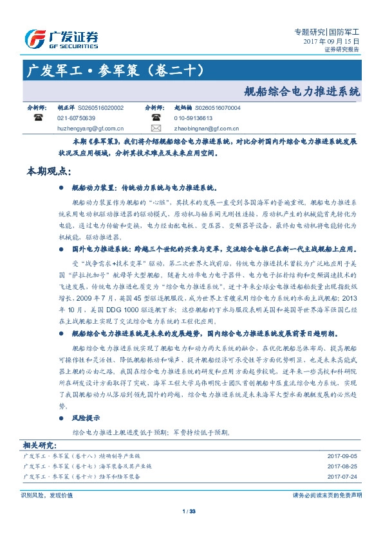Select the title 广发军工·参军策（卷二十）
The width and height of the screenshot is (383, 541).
point(107,69)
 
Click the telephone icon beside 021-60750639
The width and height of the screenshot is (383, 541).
point(38,118)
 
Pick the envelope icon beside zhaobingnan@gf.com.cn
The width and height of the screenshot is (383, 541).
point(156,128)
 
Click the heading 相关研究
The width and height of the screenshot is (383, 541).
point(40,444)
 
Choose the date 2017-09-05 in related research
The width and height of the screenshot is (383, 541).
point(342,456)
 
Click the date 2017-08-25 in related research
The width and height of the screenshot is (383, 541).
point(342,466)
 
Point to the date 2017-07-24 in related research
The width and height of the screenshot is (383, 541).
point(342,477)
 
